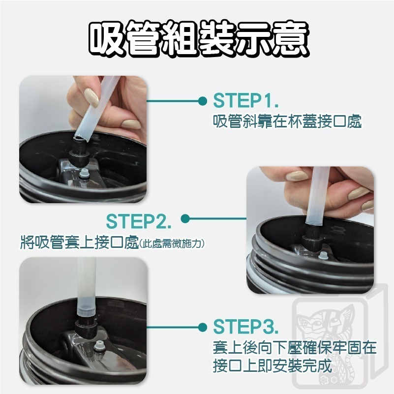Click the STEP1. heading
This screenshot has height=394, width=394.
pos(245,100)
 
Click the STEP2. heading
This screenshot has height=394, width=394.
pos(138,221)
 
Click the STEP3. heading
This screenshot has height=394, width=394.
pos(245,327)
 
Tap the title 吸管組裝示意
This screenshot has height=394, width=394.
pos(199,38)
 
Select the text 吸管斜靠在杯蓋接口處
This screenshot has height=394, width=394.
pos(287,121)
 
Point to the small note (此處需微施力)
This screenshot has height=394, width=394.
pos(171,243)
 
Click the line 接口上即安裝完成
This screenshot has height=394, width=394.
pos(273,366)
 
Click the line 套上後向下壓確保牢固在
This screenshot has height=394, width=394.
pos(295,347)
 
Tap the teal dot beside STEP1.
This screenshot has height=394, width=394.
pos(202,101)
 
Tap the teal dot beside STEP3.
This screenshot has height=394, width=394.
pos(202,327)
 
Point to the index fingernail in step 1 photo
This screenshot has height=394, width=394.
pos(91,97)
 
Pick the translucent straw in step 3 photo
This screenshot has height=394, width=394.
pos(86,286)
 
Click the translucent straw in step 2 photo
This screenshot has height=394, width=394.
pos(317,195)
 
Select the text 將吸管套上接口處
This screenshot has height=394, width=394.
pos(79,242)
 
